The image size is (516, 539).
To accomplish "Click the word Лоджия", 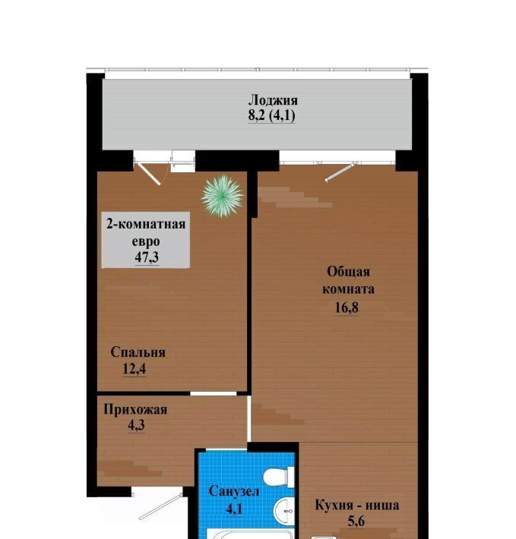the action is coord(273,100).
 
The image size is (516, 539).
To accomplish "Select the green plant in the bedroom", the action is coord(223,196).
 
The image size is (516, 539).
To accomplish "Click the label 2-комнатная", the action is coord(146,224).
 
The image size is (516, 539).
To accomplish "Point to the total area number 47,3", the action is coord(147,257).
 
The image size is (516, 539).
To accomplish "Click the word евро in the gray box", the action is coord(146,241).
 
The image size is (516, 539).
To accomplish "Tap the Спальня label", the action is coord(138,352).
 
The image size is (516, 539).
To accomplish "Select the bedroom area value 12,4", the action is coord(135,369).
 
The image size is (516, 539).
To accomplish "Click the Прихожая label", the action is coord(135,409).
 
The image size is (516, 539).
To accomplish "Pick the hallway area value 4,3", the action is coord(136,425).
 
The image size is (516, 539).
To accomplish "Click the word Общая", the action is coord(348,272).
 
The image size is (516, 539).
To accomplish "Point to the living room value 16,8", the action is coord(347,307).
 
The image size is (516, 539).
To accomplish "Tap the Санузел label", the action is coord(234,491).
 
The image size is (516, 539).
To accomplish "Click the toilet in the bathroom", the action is coord(279,477).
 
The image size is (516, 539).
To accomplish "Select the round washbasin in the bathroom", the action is coord(284,511).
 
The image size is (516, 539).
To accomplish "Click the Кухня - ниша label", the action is coord(357,506).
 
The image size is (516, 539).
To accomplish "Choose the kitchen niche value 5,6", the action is coord(356,521).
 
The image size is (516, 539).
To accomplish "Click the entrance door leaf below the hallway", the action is coord(160,506).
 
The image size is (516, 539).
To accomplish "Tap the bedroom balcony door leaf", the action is coord(148,175).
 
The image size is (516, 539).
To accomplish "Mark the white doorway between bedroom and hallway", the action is coord(214,393).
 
